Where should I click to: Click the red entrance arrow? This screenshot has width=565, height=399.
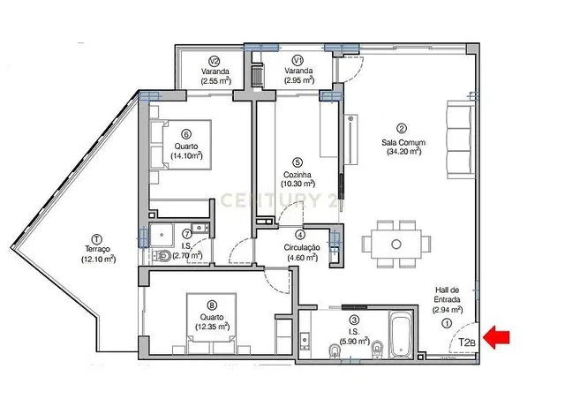(496, 337)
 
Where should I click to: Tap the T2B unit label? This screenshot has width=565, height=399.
(467, 342)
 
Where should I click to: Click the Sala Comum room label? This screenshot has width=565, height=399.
(403, 142)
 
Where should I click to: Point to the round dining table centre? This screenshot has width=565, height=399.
(396, 245)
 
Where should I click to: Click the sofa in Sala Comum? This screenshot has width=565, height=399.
(460, 139)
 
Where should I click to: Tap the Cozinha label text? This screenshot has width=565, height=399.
(298, 175)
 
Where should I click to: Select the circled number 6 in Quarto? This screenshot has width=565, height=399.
(186, 134)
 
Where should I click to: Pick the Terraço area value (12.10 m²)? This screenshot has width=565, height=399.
(98, 259)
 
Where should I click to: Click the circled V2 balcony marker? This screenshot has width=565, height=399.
(215, 61)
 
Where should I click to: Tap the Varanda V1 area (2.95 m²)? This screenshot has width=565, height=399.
(298, 80)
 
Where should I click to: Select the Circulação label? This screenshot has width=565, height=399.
(302, 248)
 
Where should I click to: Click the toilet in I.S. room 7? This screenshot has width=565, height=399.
(162, 255)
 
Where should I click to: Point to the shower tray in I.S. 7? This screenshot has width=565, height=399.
(162, 235)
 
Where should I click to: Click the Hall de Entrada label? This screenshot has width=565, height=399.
(447, 295)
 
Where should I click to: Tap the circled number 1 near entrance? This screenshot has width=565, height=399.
(447, 323)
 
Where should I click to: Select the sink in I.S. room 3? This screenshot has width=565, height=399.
(305, 341)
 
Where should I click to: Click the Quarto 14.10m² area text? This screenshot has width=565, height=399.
(186, 155)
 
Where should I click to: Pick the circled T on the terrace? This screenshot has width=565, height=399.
(96, 239)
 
